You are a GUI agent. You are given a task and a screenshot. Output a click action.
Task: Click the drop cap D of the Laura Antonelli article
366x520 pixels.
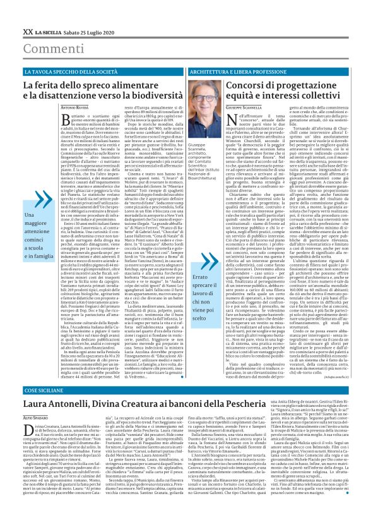click(x=28, y=429)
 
